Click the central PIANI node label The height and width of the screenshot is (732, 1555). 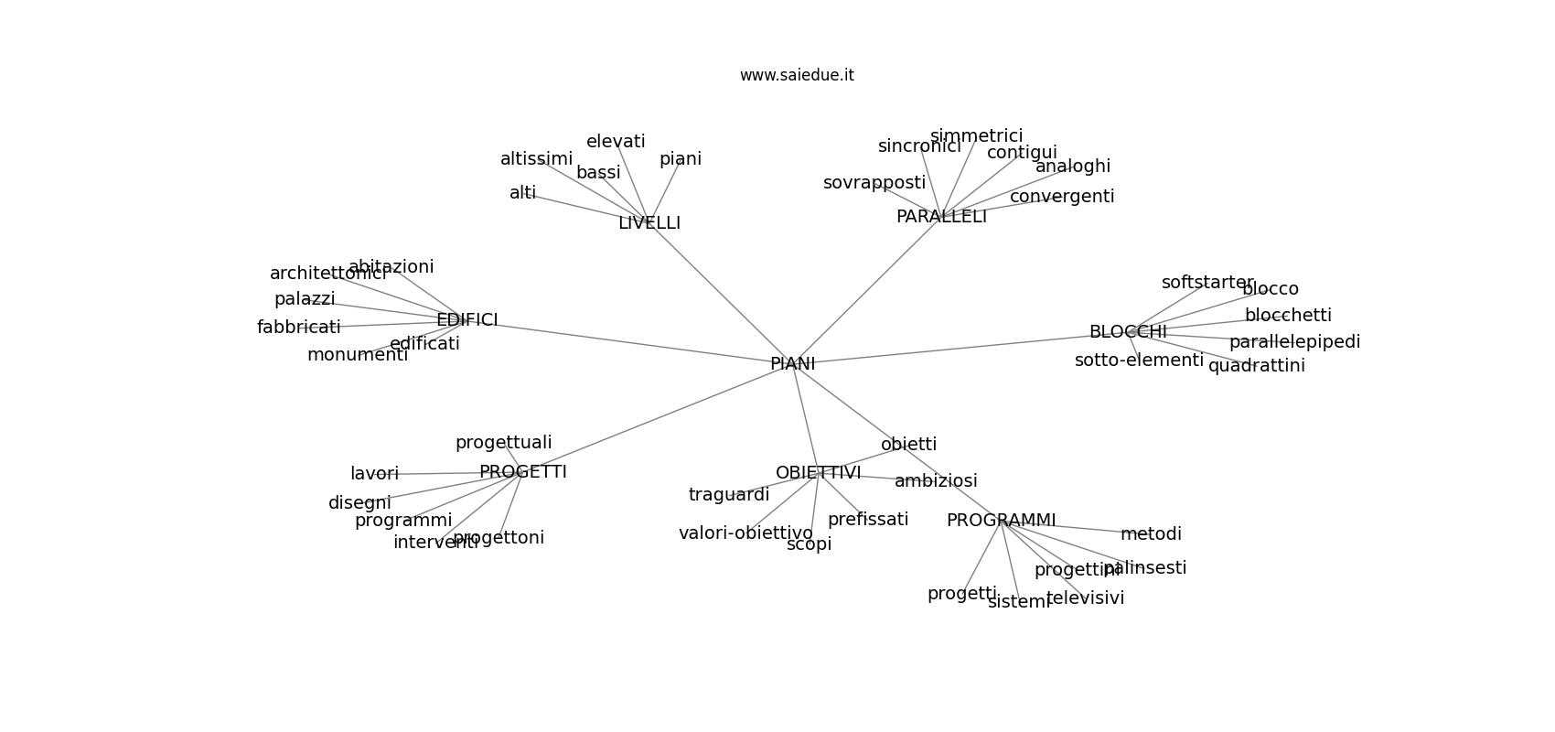point(792,364)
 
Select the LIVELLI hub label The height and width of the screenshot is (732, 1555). point(649,223)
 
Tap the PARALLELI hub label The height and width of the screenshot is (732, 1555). point(941,217)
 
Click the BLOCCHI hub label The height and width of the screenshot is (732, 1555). point(1127,332)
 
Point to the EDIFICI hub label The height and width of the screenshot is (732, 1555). point(466,320)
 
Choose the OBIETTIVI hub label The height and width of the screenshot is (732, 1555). point(818,473)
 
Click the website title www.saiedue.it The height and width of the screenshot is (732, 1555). point(797,75)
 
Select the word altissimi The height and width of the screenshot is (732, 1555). point(536,159)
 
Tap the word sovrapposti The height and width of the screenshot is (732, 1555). point(874,183)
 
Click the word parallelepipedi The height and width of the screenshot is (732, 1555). point(1294,342)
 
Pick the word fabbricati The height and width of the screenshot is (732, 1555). point(298,328)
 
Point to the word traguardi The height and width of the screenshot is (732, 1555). point(728,495)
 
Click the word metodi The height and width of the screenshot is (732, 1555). point(1151,534)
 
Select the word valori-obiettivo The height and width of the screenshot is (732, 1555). point(745,533)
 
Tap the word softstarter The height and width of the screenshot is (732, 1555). point(1207,283)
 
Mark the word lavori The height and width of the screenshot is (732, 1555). point(374,474)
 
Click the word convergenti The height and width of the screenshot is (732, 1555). point(1061,197)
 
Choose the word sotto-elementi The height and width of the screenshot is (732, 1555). point(1139,361)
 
